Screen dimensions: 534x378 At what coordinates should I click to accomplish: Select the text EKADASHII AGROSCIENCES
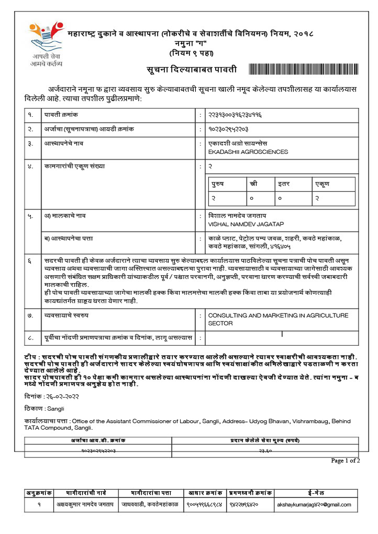(x=248, y=152)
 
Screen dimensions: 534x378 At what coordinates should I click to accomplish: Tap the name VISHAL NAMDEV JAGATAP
(x=246, y=224)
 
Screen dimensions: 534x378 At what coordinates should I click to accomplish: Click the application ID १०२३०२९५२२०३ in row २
(x=228, y=128)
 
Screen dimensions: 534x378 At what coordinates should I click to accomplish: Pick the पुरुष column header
(x=218, y=184)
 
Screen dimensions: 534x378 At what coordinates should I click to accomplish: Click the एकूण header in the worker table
(x=322, y=184)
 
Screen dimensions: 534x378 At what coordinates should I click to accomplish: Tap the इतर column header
(x=284, y=184)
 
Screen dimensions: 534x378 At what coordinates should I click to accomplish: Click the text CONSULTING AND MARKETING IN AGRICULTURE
(x=278, y=315)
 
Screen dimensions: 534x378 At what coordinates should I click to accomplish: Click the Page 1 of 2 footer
(x=345, y=460)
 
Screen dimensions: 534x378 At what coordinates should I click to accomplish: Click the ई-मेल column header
(x=316, y=493)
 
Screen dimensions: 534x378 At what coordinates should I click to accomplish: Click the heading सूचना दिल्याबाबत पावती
(x=191, y=69)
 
